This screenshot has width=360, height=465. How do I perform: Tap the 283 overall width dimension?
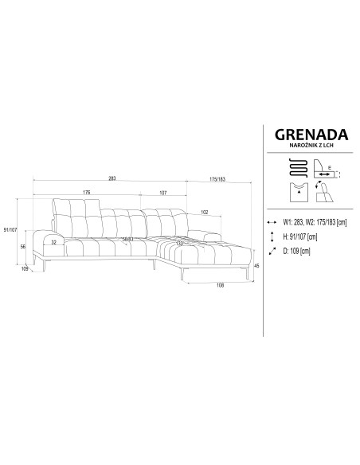click(112, 178)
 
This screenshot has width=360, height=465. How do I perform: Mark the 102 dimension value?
click(205, 213)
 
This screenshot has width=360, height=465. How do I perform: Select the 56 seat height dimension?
click(23, 248)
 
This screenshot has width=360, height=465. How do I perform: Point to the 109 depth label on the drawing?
click(25, 270)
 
